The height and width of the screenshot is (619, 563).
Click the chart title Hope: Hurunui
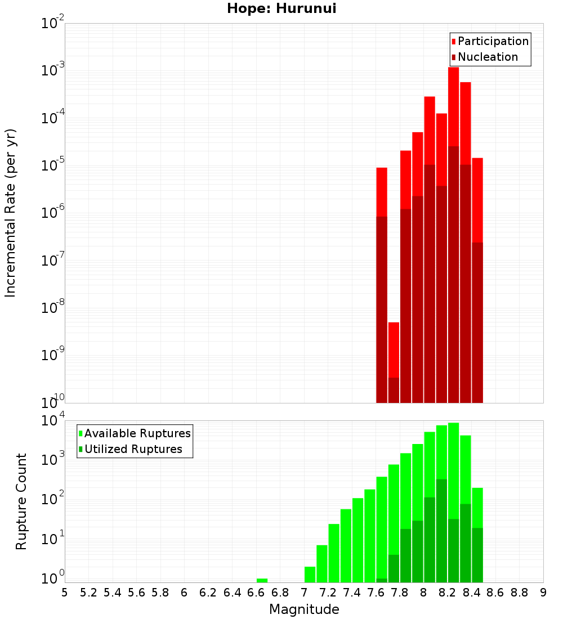pos(281,9)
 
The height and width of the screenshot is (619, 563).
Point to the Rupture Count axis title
pos(21,501)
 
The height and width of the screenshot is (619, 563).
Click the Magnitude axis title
pos(304,609)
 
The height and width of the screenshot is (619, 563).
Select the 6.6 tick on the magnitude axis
pos(256,593)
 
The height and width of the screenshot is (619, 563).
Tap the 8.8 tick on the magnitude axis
pos(519,593)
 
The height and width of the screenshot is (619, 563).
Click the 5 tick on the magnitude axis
pos(65,593)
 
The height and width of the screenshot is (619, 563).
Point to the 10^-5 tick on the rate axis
pos(53,165)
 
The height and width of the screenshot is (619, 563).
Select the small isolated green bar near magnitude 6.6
pos(262,580)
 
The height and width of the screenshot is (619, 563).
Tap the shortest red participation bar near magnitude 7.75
pos(394,349)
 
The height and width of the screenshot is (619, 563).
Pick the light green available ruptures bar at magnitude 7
pos(310,574)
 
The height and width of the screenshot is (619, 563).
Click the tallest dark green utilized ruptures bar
pos(441,529)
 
